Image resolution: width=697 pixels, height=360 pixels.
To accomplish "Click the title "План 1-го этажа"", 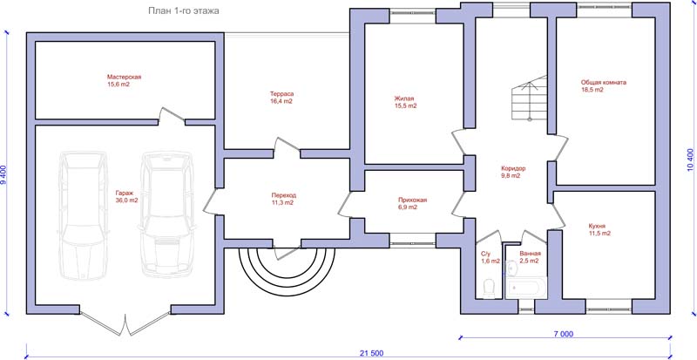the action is click(184, 11).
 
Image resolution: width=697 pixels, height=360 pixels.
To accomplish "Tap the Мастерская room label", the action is click(124, 80).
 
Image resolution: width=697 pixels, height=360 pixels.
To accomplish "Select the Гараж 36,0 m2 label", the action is click(126, 197).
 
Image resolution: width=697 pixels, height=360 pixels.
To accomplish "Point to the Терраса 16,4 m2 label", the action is click(281, 98).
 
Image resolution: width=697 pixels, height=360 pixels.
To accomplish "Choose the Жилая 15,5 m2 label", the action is click(405, 102).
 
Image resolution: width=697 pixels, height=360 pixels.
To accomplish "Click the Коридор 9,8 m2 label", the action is click(513, 173).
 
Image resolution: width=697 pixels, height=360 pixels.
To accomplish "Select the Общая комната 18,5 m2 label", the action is click(604, 86).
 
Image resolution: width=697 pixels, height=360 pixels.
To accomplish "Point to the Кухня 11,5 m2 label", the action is click(599, 229).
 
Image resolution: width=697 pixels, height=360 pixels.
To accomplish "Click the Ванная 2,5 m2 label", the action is click(530, 257).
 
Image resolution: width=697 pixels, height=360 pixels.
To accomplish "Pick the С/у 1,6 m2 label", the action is click(491, 257).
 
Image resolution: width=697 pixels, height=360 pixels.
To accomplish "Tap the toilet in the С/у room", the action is click(489, 289).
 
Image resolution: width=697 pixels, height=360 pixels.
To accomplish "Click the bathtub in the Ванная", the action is click(526, 288).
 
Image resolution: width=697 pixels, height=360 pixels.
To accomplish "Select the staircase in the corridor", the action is click(529, 98).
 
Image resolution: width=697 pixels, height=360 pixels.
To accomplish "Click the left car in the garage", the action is click(83, 215).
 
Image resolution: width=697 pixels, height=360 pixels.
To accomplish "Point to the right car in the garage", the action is click(166, 214).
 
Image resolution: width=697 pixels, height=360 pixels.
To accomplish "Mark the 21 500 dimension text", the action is click(370, 354).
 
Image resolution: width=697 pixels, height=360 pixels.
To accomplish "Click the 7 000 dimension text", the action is click(564, 334).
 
